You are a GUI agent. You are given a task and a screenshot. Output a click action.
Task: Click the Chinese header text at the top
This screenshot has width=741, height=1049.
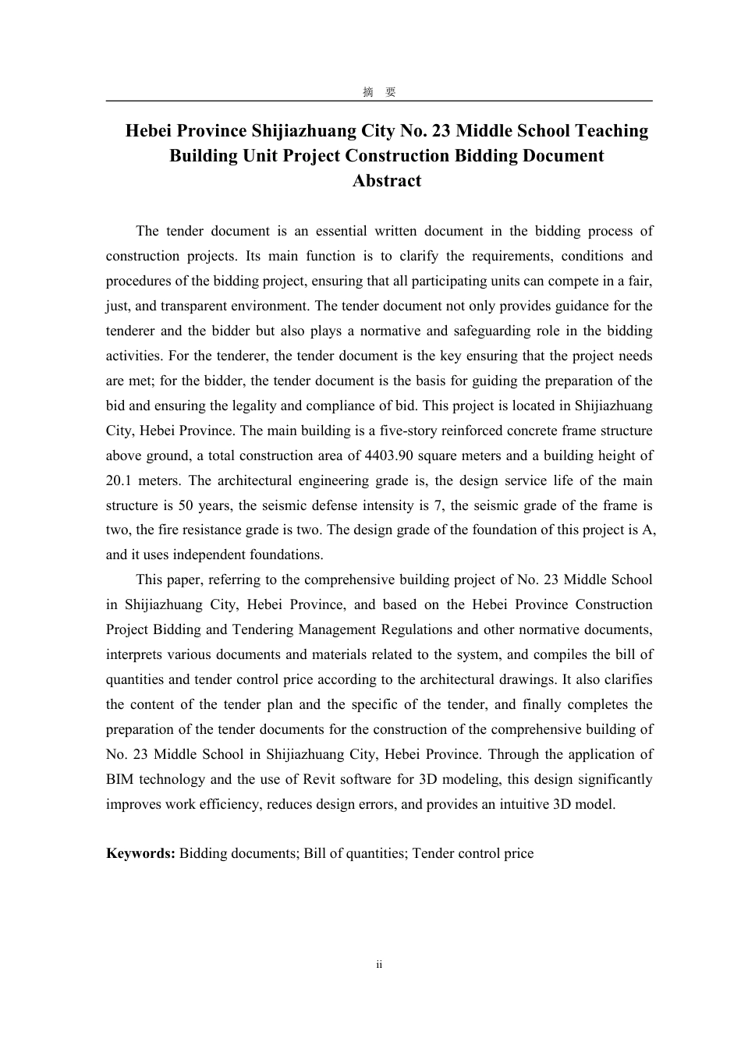[x=379, y=92]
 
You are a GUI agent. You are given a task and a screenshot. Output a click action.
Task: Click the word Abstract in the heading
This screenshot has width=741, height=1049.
[x=386, y=181]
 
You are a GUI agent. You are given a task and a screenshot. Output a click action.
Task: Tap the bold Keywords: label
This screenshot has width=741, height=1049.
[x=140, y=853]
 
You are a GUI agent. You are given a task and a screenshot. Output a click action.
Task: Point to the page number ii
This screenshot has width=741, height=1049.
[x=379, y=965]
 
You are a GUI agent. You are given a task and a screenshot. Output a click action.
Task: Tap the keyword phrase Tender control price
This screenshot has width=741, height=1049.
[x=473, y=853]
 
